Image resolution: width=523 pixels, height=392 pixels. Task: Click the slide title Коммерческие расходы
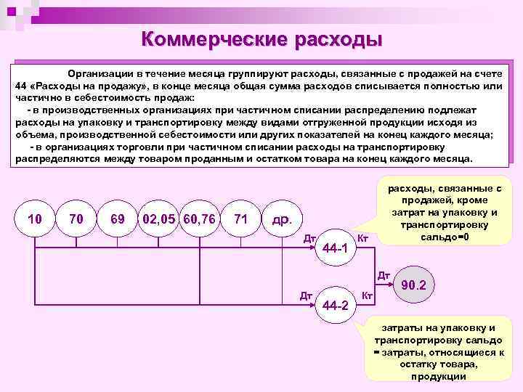coord(261,38)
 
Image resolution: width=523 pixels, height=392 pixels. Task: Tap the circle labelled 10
coord(33,218)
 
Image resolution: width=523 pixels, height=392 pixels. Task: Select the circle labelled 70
coord(76,218)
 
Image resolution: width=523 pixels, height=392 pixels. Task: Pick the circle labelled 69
coord(117,218)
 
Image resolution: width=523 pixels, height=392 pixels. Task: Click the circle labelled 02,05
coord(159,218)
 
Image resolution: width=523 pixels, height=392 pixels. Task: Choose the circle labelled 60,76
coord(199,218)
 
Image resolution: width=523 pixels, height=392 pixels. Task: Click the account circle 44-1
coord(335,249)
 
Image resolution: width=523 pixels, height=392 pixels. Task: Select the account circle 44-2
coord(335,304)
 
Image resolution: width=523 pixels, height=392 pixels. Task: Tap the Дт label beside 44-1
coord(309,237)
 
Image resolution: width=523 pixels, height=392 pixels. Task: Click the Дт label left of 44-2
coord(307,295)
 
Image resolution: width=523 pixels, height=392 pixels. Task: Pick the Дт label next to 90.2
coord(384,276)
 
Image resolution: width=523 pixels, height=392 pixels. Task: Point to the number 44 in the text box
coord(22,85)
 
